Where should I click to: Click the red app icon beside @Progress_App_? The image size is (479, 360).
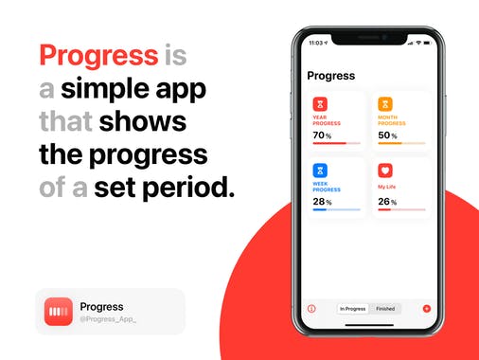pyautogui.click(x=59, y=312)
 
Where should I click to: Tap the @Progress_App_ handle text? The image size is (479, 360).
pyautogui.click(x=108, y=320)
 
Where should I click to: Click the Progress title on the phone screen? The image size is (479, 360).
pyautogui.click(x=331, y=76)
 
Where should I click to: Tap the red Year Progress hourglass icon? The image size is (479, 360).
pyautogui.click(x=320, y=104)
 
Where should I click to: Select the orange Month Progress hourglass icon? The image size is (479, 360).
pyautogui.click(x=385, y=104)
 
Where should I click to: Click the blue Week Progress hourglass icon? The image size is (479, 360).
pyautogui.click(x=320, y=171)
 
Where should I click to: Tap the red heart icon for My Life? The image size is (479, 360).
pyautogui.click(x=385, y=171)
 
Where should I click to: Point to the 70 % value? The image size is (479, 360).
pyautogui.click(x=322, y=135)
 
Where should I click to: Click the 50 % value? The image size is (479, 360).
pyautogui.click(x=387, y=135)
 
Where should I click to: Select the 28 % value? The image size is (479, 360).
pyautogui.click(x=322, y=202)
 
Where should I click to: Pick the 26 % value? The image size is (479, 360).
pyautogui.click(x=387, y=202)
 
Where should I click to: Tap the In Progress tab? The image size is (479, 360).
pyautogui.click(x=353, y=309)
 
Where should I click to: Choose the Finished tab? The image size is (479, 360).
pyautogui.click(x=385, y=309)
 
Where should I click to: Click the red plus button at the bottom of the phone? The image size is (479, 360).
pyautogui.click(x=427, y=309)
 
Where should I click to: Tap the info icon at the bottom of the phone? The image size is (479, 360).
pyautogui.click(x=311, y=309)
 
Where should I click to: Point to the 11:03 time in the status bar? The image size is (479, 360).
pyautogui.click(x=317, y=44)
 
